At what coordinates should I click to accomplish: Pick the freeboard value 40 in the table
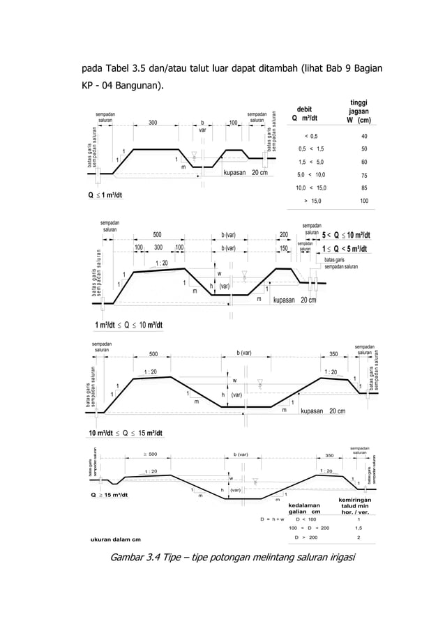(x=363, y=136)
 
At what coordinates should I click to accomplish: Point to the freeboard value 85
(x=363, y=187)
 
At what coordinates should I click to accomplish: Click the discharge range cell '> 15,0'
(x=311, y=201)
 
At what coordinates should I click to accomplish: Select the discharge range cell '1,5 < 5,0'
(x=311, y=162)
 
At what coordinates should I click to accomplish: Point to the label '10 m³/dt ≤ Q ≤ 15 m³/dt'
(x=126, y=433)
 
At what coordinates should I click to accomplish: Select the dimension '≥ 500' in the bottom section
(x=149, y=454)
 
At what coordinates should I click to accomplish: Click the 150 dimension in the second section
(x=284, y=247)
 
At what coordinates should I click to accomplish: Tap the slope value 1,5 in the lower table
(x=359, y=528)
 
